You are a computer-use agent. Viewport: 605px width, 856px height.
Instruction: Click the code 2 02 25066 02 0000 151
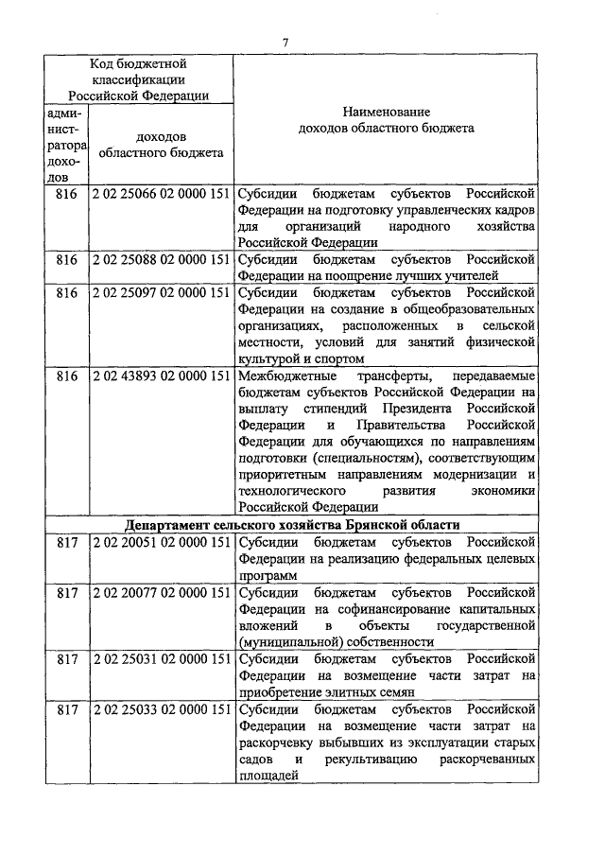[x=162, y=192]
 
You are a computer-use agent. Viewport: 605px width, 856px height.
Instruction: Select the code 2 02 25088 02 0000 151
[x=162, y=259]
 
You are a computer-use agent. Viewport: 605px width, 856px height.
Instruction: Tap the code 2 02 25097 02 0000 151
[x=162, y=292]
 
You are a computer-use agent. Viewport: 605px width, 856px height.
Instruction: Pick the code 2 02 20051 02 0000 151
[x=162, y=541]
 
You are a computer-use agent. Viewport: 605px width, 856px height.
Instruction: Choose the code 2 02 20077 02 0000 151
[x=162, y=592]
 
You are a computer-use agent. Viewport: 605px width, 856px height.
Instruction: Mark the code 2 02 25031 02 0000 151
[x=162, y=658]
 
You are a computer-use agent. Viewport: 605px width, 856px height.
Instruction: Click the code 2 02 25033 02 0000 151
[x=162, y=709]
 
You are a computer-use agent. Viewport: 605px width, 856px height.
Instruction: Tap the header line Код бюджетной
[x=138, y=63]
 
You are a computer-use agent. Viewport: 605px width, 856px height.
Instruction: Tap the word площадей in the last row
[x=268, y=777]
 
